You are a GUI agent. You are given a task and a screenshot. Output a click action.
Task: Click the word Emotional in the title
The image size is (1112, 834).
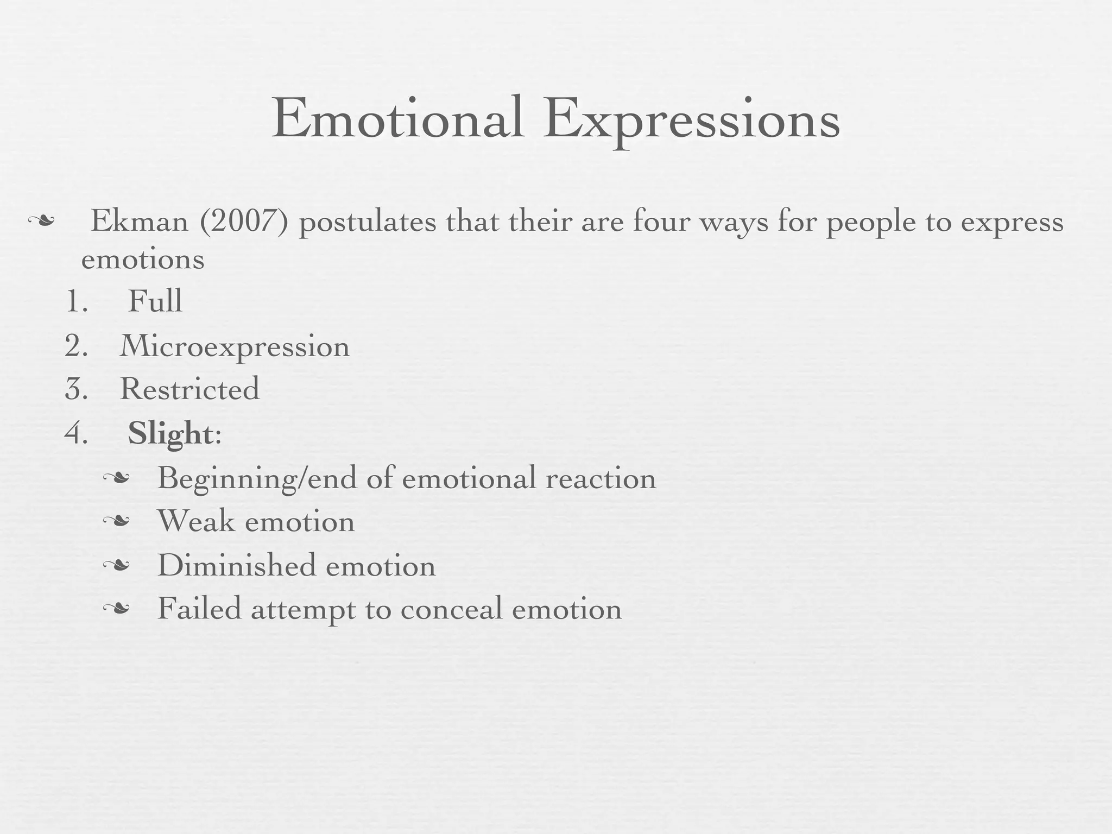click(x=398, y=118)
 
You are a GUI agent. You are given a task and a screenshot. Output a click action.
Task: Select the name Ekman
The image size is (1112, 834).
click(x=139, y=222)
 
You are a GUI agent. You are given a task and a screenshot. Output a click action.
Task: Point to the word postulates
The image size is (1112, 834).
click(x=368, y=223)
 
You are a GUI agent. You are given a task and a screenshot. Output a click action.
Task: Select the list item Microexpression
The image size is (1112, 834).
click(x=235, y=346)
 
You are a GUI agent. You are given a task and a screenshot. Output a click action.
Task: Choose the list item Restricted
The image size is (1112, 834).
click(x=189, y=389)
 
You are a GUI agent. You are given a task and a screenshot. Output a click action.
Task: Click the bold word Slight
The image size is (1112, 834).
click(x=170, y=434)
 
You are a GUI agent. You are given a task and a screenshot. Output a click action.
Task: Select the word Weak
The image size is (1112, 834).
click(x=196, y=521)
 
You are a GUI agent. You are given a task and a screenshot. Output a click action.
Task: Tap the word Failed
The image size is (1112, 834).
click(x=199, y=609)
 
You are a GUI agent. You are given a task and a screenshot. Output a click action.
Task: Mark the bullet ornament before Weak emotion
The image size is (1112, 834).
click(x=117, y=522)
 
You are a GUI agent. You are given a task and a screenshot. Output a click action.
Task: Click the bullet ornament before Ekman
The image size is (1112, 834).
click(x=41, y=221)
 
